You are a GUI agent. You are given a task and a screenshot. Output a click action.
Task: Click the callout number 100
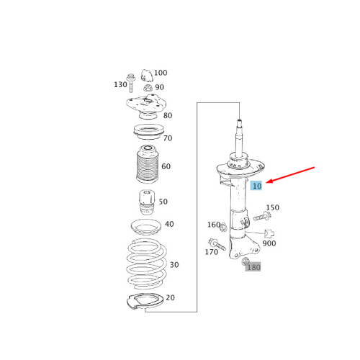161,73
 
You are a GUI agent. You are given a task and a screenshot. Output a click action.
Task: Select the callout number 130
120,84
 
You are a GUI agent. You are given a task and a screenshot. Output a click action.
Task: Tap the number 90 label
159,87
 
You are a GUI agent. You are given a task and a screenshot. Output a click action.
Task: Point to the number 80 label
167,115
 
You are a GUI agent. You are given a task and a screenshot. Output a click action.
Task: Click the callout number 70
167,138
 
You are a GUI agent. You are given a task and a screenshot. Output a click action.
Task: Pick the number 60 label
166,166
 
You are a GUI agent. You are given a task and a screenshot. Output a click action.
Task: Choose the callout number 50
163,202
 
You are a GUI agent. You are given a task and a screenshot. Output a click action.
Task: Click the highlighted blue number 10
257,186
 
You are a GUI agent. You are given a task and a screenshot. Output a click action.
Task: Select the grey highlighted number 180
253,267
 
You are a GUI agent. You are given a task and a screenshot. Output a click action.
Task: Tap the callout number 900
269,243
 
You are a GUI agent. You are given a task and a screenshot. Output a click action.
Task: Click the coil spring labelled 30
144,263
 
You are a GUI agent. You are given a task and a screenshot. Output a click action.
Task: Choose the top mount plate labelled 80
146,108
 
